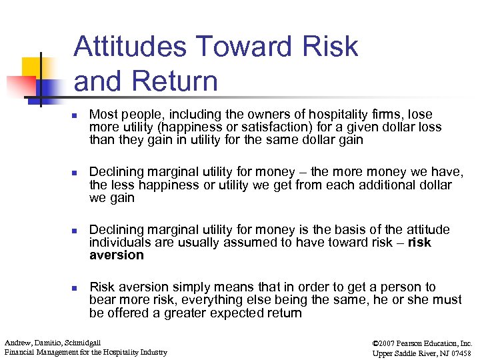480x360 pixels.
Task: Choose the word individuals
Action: click(x=117, y=242)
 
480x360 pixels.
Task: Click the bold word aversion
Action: click(x=116, y=255)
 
